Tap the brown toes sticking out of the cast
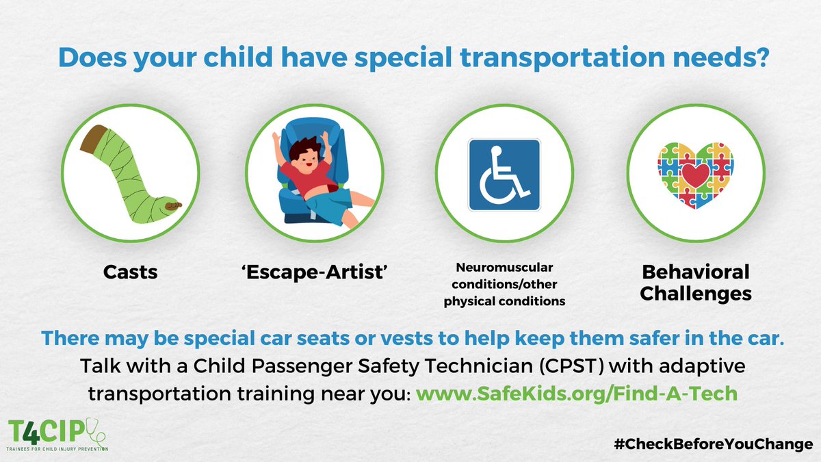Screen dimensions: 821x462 pyautogui.click(x=173, y=205)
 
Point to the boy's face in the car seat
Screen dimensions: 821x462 pyautogui.click(x=307, y=163)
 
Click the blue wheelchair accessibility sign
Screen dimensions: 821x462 pyautogui.click(x=504, y=175)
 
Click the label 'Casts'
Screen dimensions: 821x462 pyautogui.click(x=131, y=272)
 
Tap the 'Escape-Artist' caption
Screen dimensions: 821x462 pyautogui.click(x=315, y=272)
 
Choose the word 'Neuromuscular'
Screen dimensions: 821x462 pyautogui.click(x=504, y=268)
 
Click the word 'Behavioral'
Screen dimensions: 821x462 pyautogui.click(x=696, y=272)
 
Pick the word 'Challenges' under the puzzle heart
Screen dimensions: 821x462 pyautogui.click(x=696, y=294)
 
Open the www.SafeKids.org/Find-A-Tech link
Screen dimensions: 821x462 pyautogui.click(x=577, y=394)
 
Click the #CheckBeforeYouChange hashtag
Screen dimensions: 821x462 pyautogui.click(x=714, y=444)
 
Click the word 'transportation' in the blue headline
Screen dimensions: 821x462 pyautogui.click(x=562, y=58)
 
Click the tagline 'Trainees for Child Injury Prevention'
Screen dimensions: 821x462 pyautogui.click(x=57, y=449)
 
